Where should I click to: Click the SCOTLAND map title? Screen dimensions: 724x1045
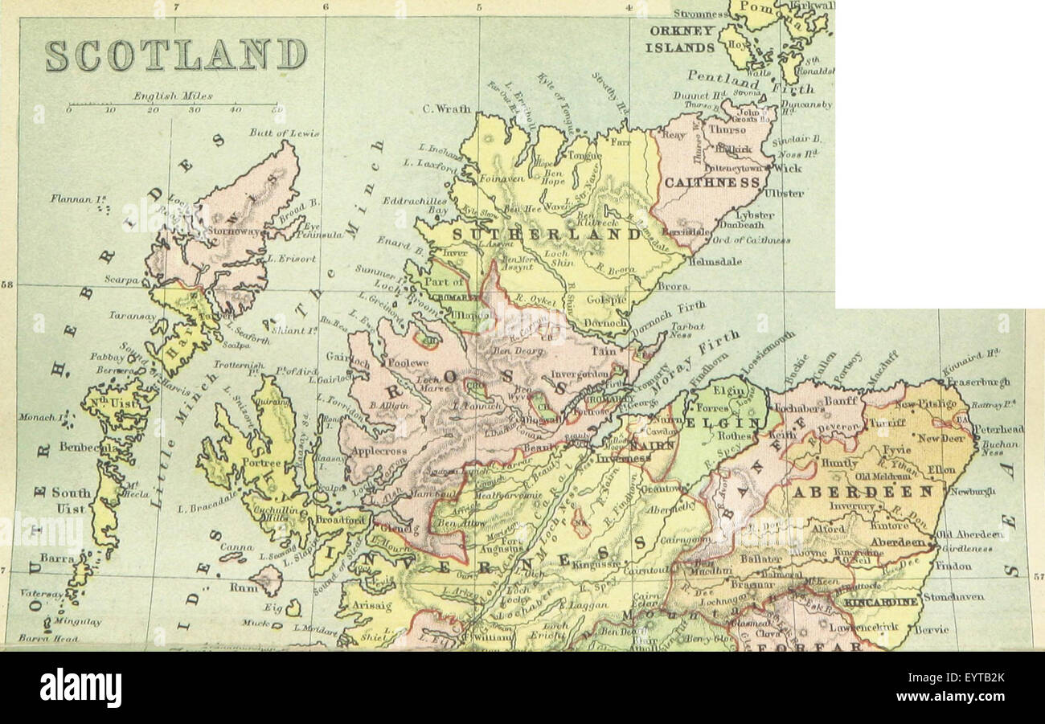175,55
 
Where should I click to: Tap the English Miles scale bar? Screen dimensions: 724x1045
172,104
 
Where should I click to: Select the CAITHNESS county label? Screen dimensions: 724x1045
711,183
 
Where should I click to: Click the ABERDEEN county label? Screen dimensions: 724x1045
863,491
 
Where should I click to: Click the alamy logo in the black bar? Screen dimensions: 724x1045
80,689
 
